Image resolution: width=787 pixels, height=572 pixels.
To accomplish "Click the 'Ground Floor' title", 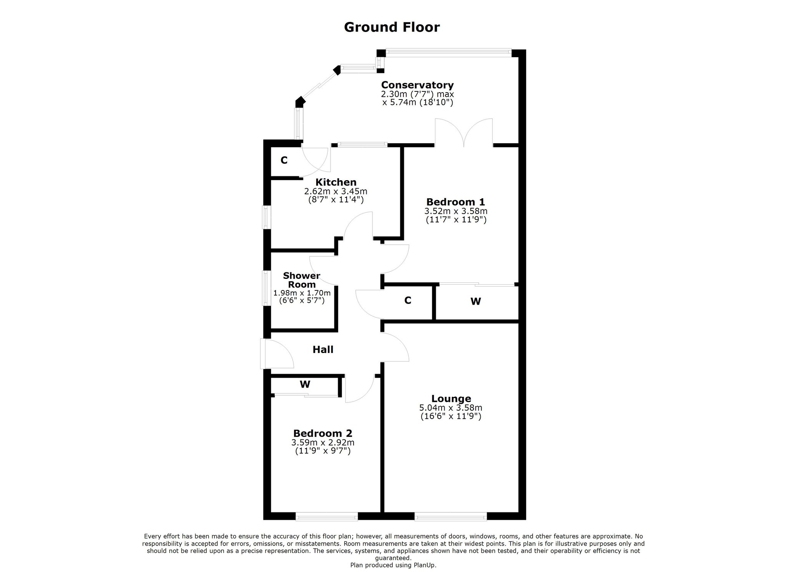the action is click(392, 27).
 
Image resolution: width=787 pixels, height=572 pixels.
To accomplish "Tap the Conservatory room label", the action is click(417, 85).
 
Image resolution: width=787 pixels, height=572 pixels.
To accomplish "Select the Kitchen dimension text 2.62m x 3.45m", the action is click(336, 191).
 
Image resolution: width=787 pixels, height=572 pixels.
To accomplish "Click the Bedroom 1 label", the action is click(456, 202).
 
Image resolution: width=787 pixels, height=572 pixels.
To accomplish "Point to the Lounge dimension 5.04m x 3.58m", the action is click(451, 408).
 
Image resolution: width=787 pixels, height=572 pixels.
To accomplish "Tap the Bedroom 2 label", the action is click(322, 433).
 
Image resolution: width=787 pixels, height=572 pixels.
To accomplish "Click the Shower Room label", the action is click(302, 280).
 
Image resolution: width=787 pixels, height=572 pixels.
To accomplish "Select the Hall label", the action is click(323, 350).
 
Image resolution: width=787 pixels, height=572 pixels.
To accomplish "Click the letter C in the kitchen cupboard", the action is click(284, 160).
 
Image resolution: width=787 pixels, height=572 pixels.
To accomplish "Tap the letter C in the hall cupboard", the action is click(408, 300).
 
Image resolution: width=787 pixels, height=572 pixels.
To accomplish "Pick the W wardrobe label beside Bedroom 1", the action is click(476, 302).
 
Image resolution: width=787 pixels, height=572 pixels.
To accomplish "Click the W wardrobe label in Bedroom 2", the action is click(305, 384).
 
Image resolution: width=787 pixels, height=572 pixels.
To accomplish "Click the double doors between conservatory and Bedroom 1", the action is click(464, 133).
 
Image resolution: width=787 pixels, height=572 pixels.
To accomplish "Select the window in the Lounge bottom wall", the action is click(451, 517).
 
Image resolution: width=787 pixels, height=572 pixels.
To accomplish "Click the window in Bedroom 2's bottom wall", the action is click(327, 517).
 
